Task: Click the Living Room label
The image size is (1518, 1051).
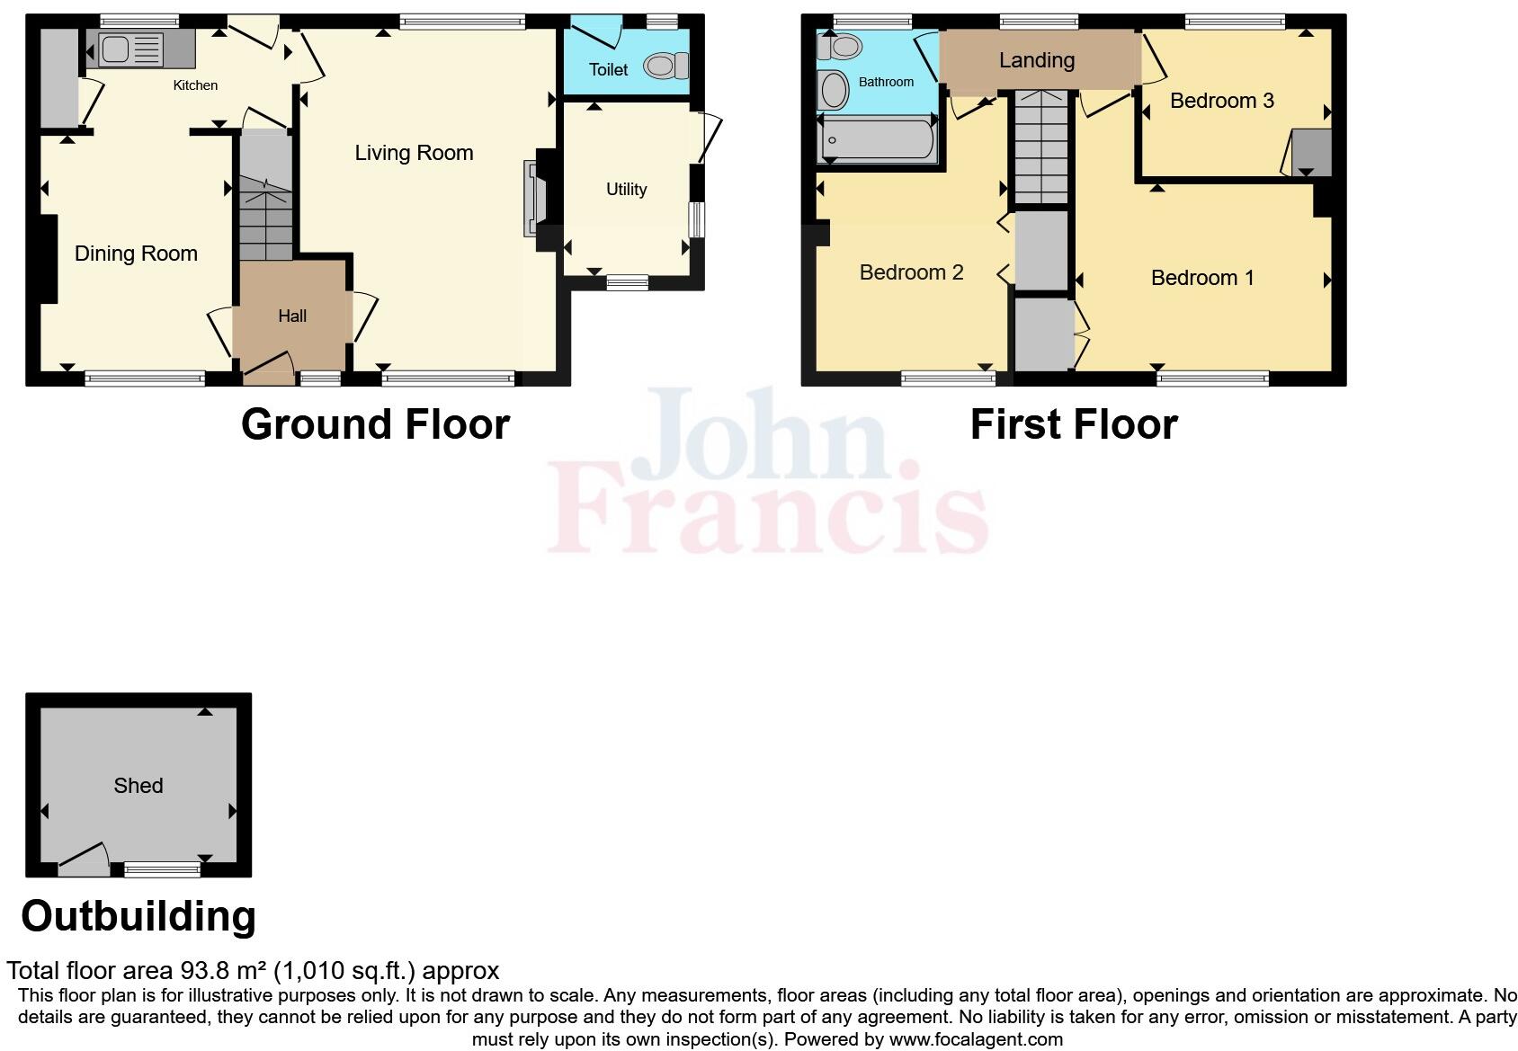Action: [x=414, y=153]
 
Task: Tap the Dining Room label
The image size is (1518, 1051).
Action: [x=136, y=254]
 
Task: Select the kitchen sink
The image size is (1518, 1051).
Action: [x=116, y=49]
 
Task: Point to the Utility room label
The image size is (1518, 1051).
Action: [x=626, y=189]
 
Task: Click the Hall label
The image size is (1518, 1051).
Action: [x=292, y=316]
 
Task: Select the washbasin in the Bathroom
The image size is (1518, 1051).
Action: [x=834, y=90]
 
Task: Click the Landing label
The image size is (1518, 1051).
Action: [x=1037, y=60]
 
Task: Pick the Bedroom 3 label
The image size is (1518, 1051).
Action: [x=1221, y=101]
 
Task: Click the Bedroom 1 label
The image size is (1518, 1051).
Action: [x=1202, y=278]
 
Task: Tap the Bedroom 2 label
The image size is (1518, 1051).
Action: [x=911, y=272]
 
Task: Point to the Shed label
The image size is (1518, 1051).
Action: [x=138, y=786]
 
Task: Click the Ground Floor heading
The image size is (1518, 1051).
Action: [x=375, y=424]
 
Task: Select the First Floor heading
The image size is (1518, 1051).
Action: [x=1074, y=424]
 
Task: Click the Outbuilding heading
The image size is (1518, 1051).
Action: [x=138, y=916]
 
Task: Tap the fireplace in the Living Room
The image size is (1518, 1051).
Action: [x=532, y=199]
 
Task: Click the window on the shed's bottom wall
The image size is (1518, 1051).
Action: [x=162, y=868]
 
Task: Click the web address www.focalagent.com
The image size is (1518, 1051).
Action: [x=976, y=1039]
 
